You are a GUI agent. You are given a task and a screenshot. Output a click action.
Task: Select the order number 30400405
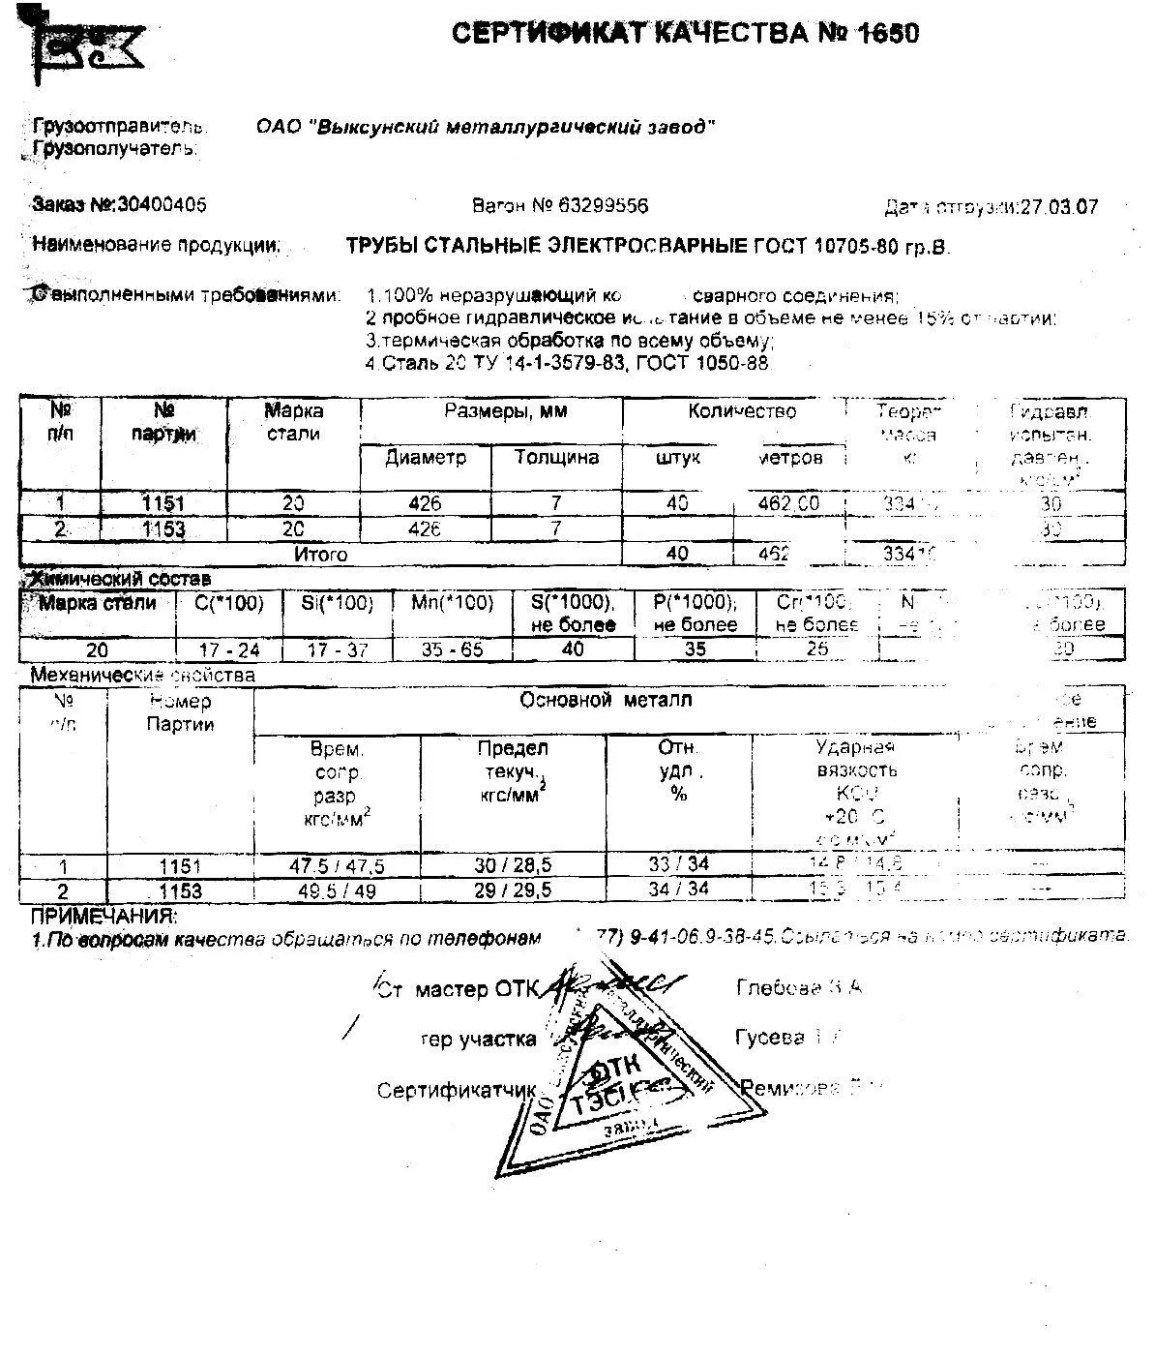(x=161, y=205)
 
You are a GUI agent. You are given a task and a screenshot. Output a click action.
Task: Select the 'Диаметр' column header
(x=425, y=457)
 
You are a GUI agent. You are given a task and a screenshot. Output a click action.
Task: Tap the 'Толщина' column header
(x=556, y=457)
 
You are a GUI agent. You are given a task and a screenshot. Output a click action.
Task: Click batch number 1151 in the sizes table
(x=163, y=503)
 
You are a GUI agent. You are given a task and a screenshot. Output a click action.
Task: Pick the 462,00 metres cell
(x=788, y=503)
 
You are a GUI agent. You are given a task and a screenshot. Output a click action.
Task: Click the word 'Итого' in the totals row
(x=320, y=555)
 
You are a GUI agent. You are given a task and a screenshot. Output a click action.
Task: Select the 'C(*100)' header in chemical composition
(x=229, y=604)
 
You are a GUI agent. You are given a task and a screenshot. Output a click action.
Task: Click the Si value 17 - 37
(x=337, y=649)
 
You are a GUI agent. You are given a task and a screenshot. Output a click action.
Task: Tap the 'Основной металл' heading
(x=606, y=700)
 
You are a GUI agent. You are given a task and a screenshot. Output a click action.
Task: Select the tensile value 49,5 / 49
(x=337, y=890)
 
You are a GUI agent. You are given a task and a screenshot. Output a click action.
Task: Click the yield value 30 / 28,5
(x=513, y=866)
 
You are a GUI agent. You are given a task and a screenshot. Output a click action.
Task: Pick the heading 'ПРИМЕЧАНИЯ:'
(x=104, y=916)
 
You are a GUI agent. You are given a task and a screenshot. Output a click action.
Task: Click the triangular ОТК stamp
(x=619, y=1074)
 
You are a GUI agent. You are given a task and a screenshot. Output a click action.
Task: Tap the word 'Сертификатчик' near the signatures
(x=456, y=1091)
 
